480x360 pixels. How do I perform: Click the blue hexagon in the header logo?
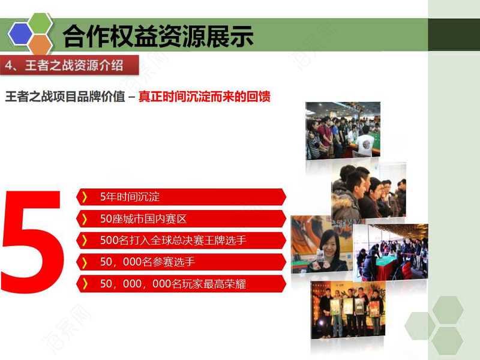click(x=20, y=34)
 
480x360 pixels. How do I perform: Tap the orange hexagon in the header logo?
click(x=41, y=45)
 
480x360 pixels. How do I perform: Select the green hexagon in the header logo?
click(x=40, y=23)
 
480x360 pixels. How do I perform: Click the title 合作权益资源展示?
click(x=158, y=37)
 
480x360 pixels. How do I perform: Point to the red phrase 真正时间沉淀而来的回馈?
click(x=205, y=97)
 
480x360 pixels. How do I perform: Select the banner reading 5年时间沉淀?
click(x=181, y=197)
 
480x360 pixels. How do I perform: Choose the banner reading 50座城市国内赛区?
click(x=181, y=218)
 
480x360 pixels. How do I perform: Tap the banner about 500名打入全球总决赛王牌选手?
click(x=181, y=241)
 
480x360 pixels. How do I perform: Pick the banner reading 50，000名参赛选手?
click(x=181, y=262)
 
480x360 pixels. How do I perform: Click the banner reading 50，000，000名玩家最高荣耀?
click(x=181, y=284)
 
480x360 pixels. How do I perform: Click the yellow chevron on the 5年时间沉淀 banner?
click(x=85, y=197)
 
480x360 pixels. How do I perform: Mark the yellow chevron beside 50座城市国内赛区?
click(x=85, y=219)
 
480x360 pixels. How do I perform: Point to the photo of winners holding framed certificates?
click(x=348, y=310)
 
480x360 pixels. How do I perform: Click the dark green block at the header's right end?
click(x=454, y=35)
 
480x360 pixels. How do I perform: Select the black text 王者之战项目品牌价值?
click(x=65, y=97)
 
